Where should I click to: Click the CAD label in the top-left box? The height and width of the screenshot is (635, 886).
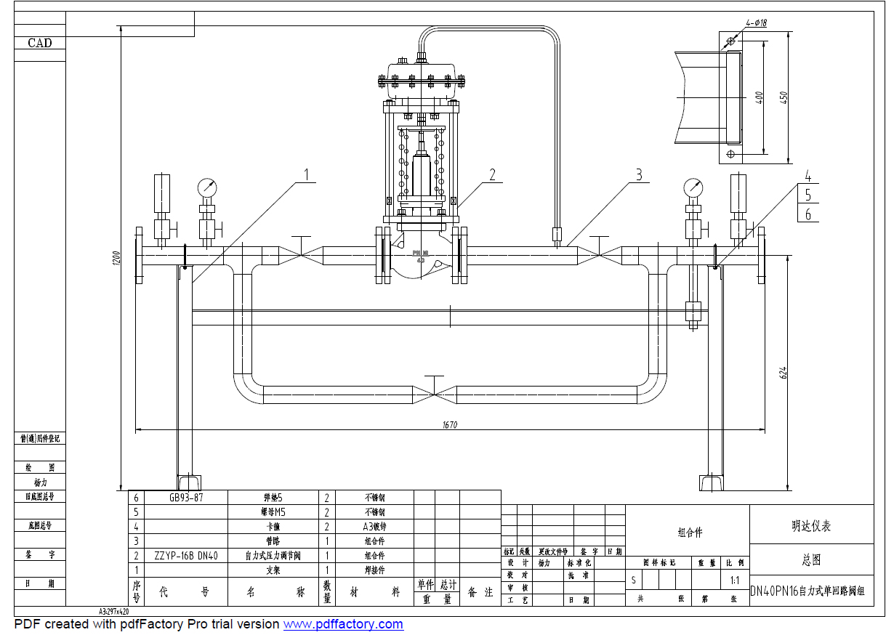pyautogui.click(x=40, y=43)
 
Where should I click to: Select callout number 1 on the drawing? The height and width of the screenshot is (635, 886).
pyautogui.click(x=307, y=174)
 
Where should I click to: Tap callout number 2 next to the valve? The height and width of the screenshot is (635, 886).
pyautogui.click(x=492, y=174)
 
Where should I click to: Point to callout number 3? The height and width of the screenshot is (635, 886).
pyautogui.click(x=639, y=174)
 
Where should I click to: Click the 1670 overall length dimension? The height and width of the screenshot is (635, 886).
pyautogui.click(x=449, y=425)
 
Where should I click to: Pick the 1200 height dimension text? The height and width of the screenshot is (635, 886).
pyautogui.click(x=116, y=259)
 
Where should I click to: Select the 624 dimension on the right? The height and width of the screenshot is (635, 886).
pyautogui.click(x=783, y=373)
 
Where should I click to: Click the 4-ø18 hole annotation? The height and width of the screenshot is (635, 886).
pyautogui.click(x=756, y=23)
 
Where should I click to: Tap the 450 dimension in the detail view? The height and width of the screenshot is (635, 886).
pyautogui.click(x=784, y=97)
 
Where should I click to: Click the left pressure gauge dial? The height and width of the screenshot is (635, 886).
pyautogui.click(x=207, y=187)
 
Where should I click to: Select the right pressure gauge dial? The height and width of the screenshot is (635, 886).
pyautogui.click(x=693, y=187)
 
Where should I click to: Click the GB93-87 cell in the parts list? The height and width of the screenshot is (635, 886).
pyautogui.click(x=186, y=498)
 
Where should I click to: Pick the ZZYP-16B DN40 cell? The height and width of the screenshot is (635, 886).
pyautogui.click(x=186, y=556)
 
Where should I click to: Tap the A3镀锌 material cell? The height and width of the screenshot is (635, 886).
pyautogui.click(x=375, y=527)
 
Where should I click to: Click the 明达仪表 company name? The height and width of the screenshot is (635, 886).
pyautogui.click(x=811, y=526)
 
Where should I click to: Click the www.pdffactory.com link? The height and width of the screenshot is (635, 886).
pyautogui.click(x=342, y=624)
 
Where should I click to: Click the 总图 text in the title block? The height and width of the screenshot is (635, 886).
pyautogui.click(x=811, y=560)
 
